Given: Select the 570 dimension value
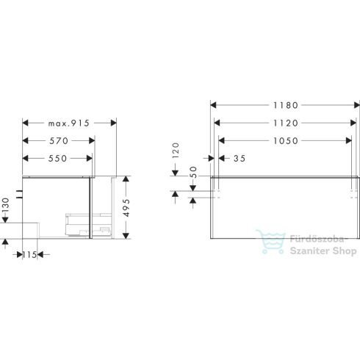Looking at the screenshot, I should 58,141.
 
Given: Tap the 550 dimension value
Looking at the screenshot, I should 58,158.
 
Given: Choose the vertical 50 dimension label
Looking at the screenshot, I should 193,173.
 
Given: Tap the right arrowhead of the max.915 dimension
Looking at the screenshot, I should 114,123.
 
